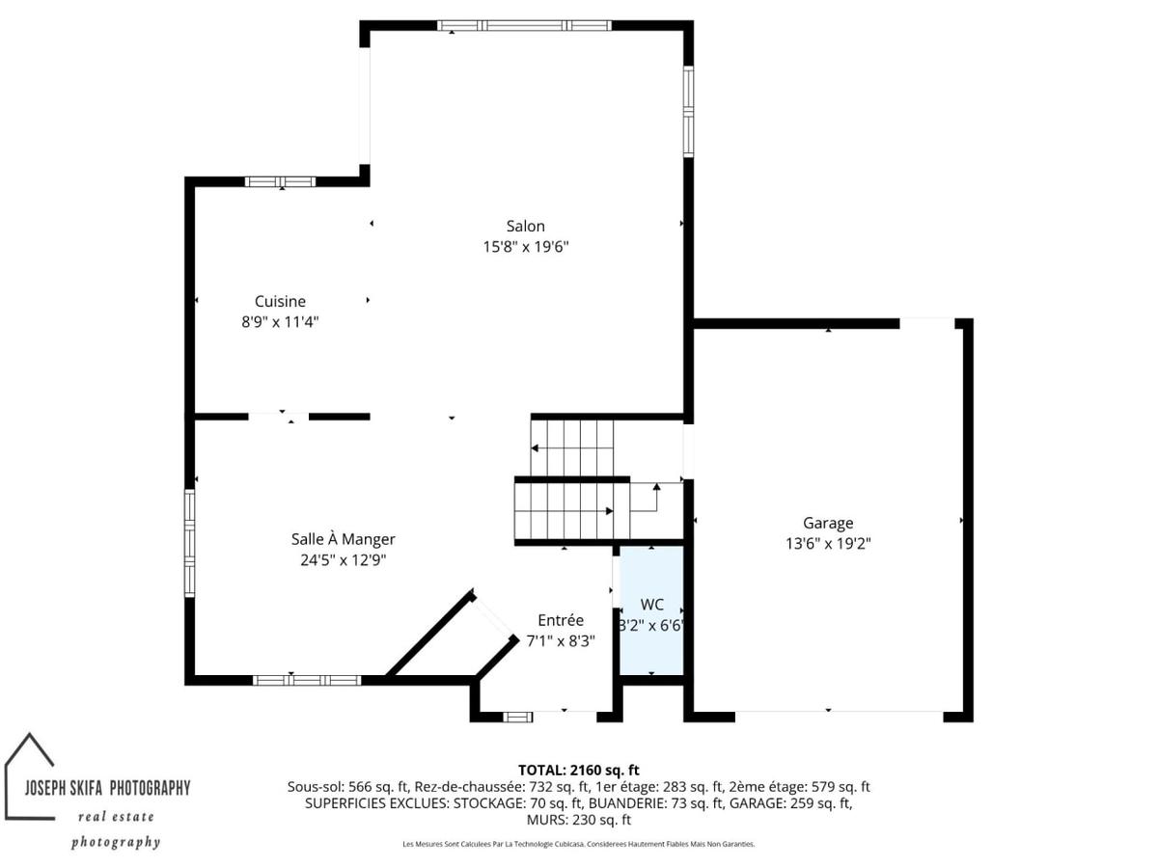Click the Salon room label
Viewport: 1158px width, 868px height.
[x=525, y=226]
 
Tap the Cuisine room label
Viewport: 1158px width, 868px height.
[x=280, y=302]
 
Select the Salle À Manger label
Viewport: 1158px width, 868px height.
[x=343, y=539]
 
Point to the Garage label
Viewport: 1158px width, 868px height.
[x=827, y=524]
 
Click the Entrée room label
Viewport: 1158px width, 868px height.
[x=561, y=620]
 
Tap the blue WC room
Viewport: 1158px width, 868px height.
[x=651, y=610]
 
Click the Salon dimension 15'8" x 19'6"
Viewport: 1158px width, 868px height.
[x=526, y=247]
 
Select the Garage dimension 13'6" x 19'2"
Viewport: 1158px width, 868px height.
[x=828, y=543]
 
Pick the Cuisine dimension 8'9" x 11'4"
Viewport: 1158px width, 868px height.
[x=280, y=321]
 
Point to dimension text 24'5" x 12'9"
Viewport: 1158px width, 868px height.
[x=343, y=559]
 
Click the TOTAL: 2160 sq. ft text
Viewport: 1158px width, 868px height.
[x=578, y=770]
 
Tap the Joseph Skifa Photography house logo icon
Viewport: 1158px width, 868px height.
[x=29, y=775]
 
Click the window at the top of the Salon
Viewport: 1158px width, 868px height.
[x=524, y=25]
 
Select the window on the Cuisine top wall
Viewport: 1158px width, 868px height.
[x=280, y=182]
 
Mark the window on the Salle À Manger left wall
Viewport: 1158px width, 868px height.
[x=189, y=543]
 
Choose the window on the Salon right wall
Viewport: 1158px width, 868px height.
[x=688, y=111]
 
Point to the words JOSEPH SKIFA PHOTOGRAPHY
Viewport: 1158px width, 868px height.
[x=108, y=788]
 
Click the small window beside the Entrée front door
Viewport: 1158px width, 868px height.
[x=517, y=717]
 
